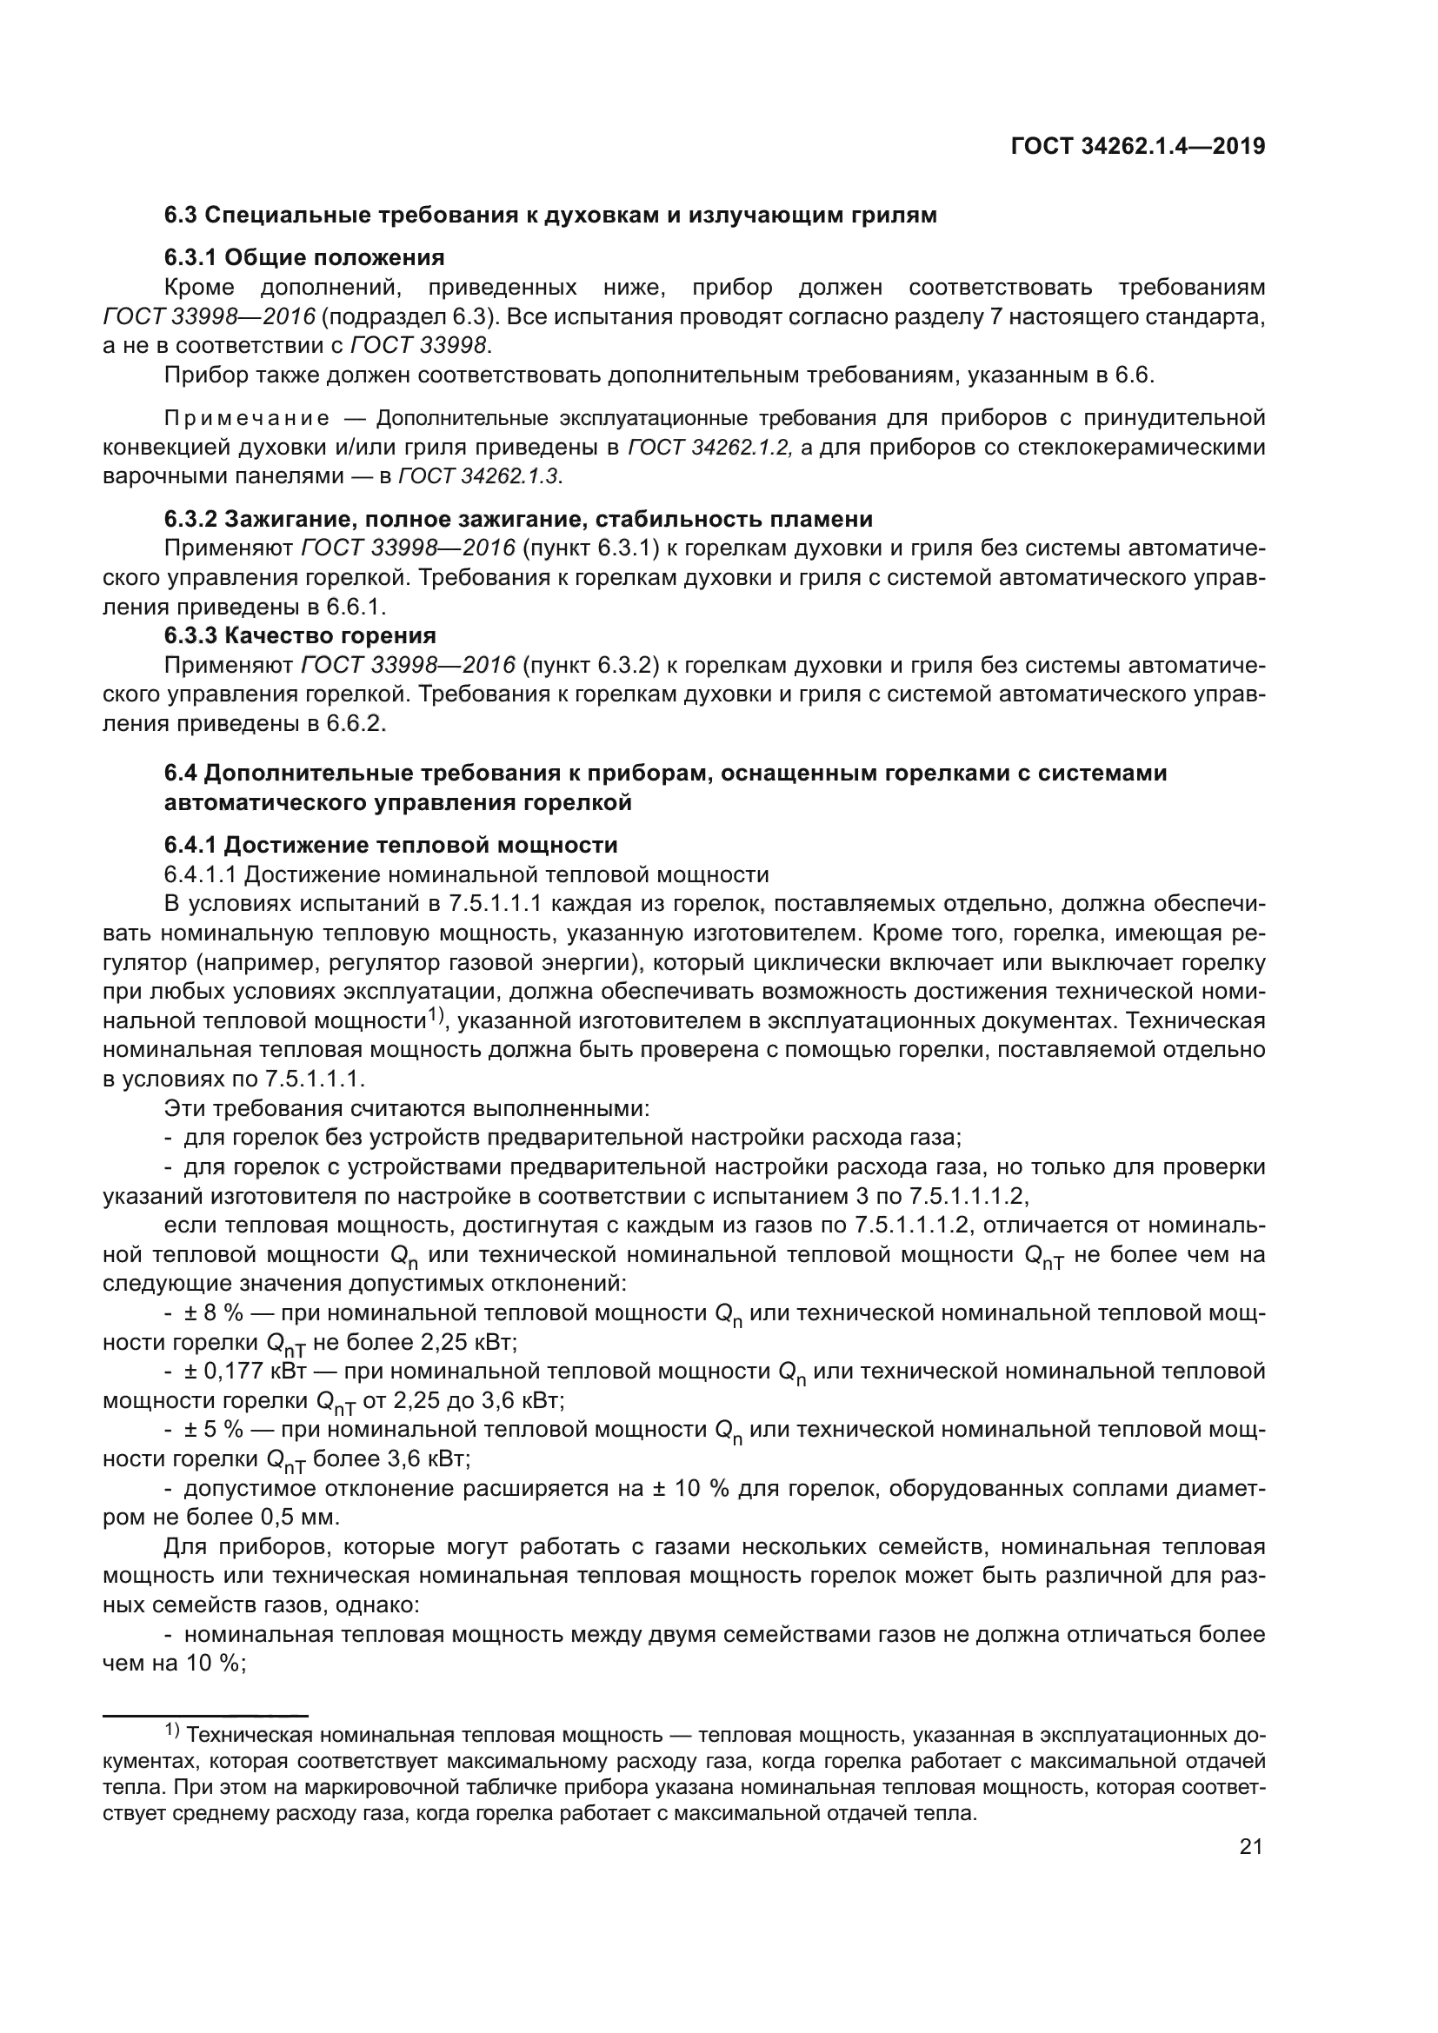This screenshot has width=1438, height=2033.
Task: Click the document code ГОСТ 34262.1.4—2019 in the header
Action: [1137, 147]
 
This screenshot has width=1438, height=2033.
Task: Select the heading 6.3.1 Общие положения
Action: [303, 257]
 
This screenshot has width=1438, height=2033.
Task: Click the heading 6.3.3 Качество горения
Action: [299, 634]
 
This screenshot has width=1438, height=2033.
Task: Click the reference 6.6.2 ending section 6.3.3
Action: [356, 723]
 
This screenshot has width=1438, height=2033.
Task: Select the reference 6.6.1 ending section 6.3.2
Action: [356, 607]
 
